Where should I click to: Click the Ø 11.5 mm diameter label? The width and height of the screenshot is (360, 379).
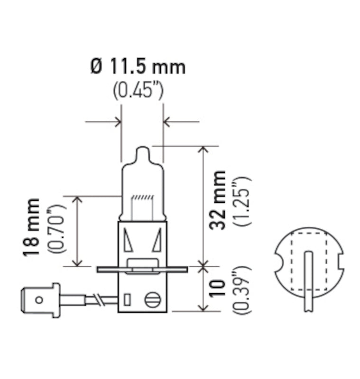[138, 67]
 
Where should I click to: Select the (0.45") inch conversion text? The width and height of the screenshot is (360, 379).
[138, 90]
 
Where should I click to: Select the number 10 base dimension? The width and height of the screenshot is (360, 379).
[219, 289]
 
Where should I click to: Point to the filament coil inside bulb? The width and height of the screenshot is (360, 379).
[142, 197]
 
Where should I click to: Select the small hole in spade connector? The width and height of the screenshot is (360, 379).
[39, 299]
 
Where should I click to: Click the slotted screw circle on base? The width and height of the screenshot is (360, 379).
[152, 300]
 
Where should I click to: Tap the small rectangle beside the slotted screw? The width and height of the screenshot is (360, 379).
[127, 299]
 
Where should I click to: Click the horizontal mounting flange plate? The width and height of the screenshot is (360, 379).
[142, 270]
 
